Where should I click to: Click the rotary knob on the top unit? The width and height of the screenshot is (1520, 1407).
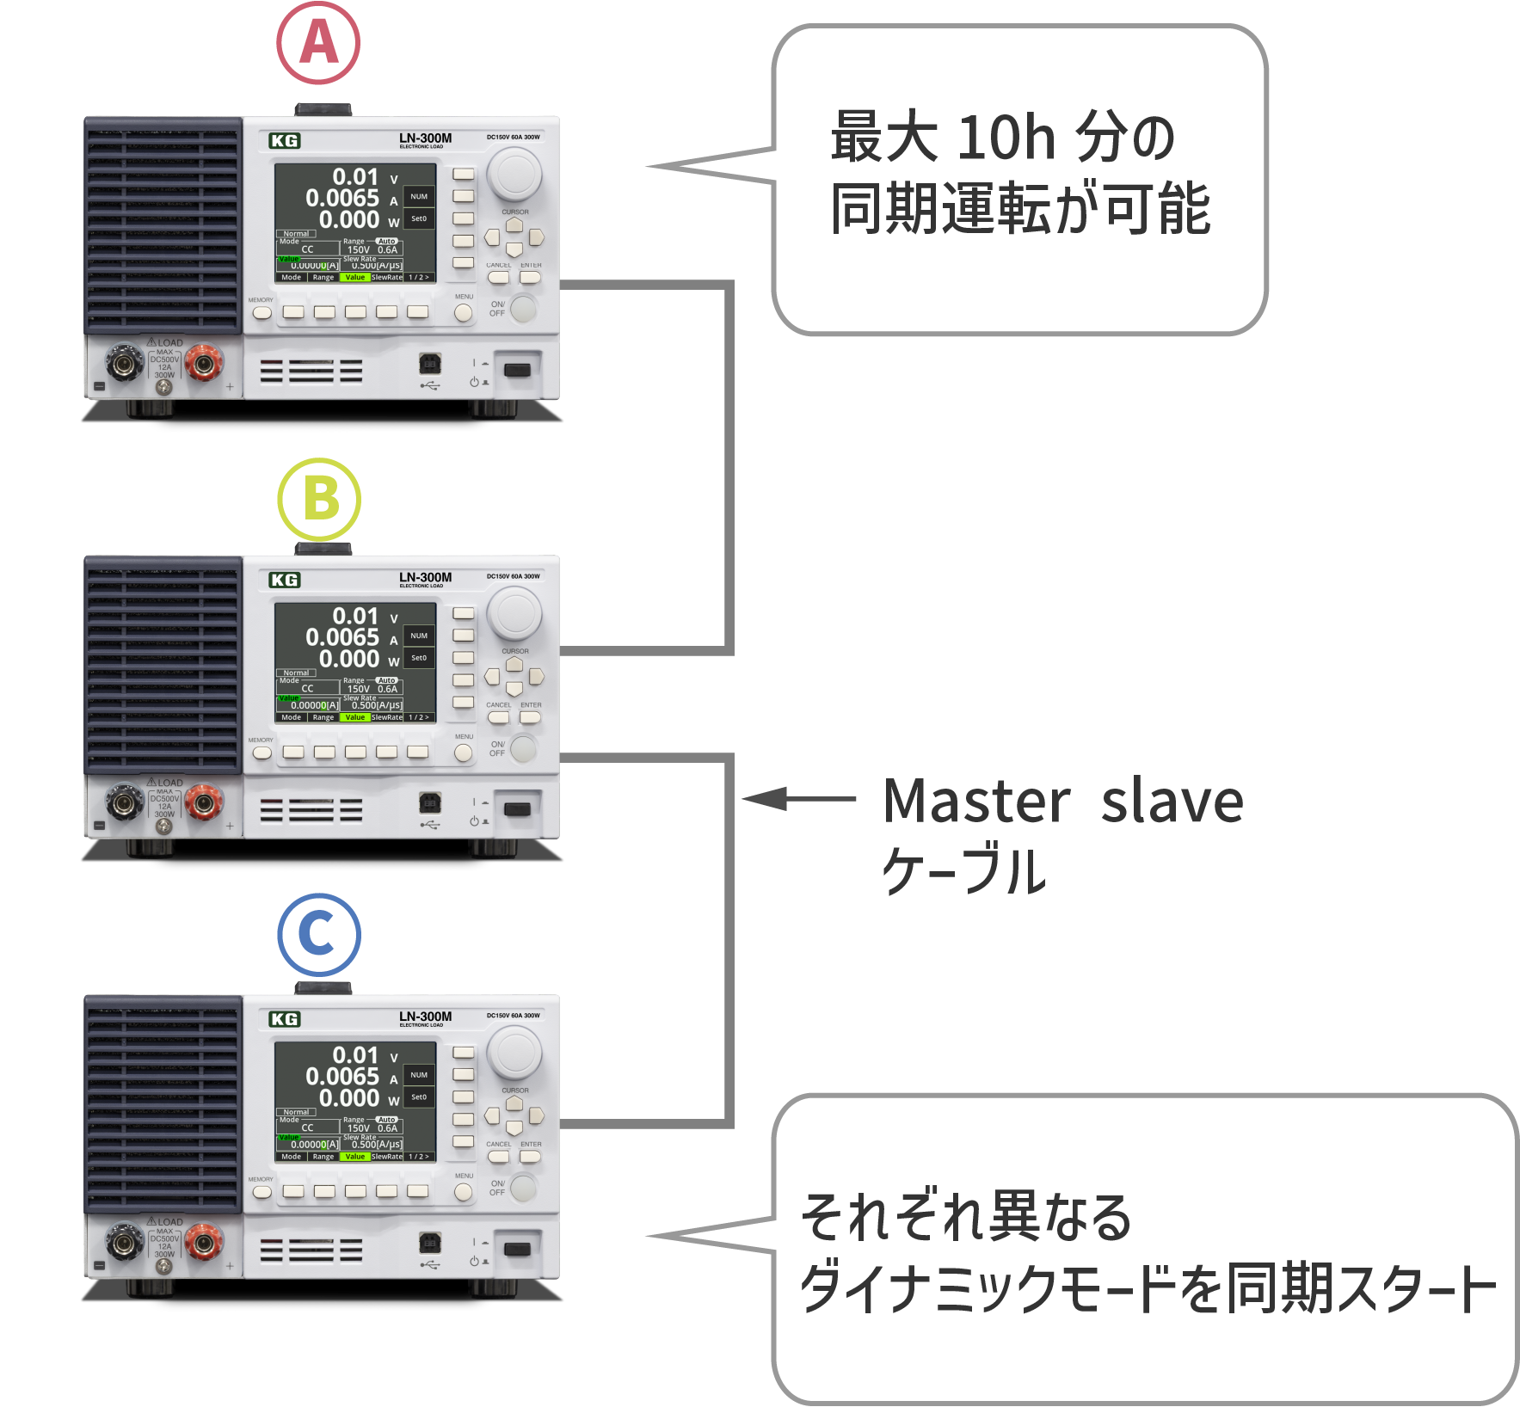[514, 174]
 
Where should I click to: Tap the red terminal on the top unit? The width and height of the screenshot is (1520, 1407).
[204, 365]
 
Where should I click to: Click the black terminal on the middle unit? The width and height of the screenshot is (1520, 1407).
[124, 804]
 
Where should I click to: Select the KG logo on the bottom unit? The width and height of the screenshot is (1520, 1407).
[285, 1020]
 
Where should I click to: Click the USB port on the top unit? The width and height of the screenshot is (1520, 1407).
[429, 364]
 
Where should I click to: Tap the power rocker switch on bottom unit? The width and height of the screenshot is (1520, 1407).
[516, 1249]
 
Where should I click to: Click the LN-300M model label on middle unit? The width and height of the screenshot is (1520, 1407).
[425, 578]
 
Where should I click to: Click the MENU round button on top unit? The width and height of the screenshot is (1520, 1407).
[464, 313]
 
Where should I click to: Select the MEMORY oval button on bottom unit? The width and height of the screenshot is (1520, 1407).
[262, 1192]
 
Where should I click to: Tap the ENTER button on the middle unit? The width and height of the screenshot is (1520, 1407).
[531, 717]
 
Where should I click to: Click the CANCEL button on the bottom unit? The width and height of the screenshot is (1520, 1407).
[498, 1157]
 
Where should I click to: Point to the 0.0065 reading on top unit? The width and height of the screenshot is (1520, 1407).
[342, 199]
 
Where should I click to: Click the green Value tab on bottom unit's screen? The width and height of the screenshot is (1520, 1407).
[355, 1157]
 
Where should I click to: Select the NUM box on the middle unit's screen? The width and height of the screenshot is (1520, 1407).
[419, 636]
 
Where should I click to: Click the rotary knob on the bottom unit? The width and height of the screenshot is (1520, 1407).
[514, 1053]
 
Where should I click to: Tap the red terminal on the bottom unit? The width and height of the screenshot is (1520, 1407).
[204, 1243]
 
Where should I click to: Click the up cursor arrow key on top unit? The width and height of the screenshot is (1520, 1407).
[514, 224]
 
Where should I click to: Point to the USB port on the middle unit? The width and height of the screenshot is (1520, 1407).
[429, 803]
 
